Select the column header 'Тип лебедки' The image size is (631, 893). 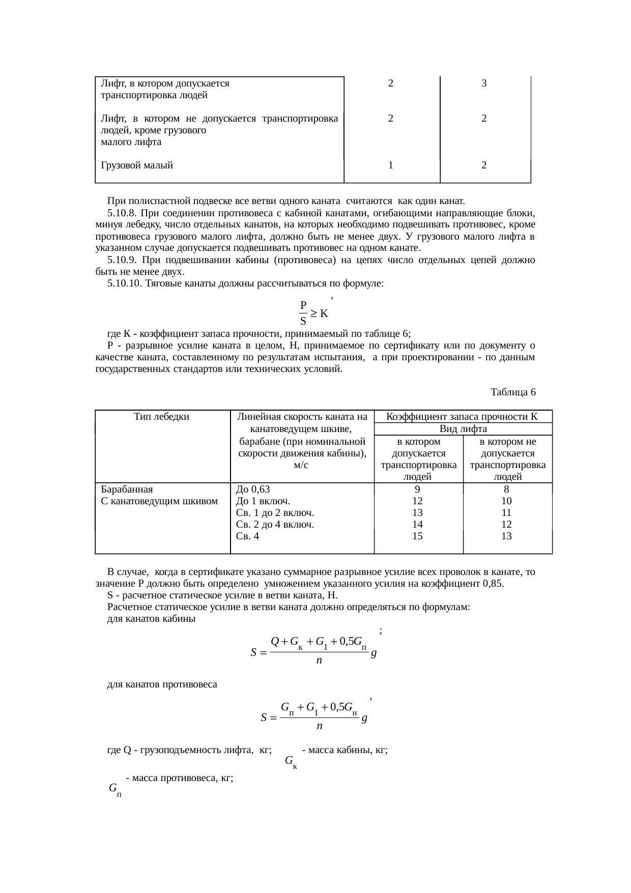[161, 417]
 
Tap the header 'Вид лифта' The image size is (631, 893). [463, 429]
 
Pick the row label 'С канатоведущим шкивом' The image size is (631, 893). [159, 501]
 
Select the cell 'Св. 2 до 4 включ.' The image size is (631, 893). [275, 524]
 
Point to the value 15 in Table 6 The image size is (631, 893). [417, 536]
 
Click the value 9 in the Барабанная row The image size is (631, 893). [417, 489]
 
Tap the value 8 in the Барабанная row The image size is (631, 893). [506, 489]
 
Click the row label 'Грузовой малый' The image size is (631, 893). [137, 165]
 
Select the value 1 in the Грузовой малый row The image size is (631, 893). [390, 165]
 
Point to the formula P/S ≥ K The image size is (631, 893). [313, 313]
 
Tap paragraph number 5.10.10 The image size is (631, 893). [125, 283]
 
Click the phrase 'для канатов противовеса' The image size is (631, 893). [162, 684]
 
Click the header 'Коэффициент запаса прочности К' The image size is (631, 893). [462, 417]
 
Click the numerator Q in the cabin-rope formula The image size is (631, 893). [275, 641]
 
